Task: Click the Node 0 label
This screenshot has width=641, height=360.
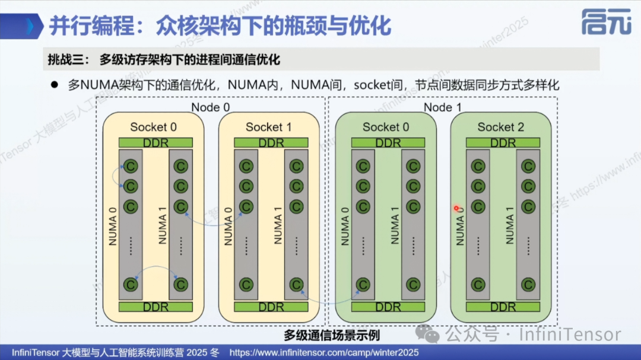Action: pos(210,107)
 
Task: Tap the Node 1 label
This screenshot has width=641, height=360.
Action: pos(442,107)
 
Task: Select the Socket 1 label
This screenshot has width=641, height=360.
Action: pos(269,127)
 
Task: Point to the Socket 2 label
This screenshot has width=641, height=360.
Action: pos(501,127)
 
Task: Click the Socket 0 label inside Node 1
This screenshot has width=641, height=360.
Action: pos(386,127)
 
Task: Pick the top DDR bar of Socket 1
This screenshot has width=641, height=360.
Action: pos(271,143)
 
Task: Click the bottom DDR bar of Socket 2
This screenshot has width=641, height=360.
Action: pos(503,307)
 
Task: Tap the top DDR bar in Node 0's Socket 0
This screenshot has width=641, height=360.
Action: pos(155,143)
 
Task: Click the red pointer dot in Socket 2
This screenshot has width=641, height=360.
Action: pos(456,208)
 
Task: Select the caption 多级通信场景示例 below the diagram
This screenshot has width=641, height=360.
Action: pos(331,335)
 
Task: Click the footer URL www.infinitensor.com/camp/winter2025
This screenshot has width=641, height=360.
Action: pos(323,352)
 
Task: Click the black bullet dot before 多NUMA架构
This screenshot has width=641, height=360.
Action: pos(54,85)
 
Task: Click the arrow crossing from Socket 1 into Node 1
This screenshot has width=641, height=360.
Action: pos(329,301)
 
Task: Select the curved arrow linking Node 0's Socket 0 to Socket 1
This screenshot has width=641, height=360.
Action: pos(214,218)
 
